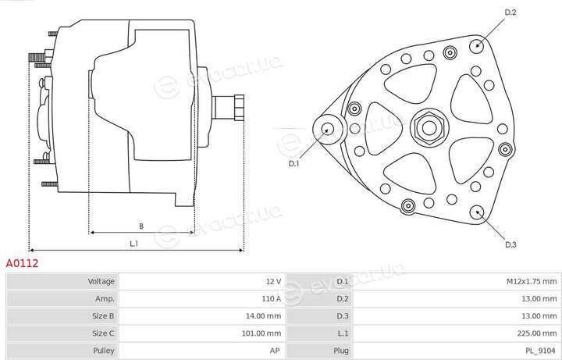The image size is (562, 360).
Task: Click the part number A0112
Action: point(22,263)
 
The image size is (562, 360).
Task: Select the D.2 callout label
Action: point(510,12)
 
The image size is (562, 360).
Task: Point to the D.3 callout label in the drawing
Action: point(510,244)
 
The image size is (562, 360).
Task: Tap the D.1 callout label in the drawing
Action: point(293,163)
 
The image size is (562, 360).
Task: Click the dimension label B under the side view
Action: point(141,226)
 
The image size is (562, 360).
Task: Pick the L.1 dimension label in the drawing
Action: point(133,244)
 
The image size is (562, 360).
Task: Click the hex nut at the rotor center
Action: point(429,127)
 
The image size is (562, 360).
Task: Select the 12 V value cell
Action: point(273,281)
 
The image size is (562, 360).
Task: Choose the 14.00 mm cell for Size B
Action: point(264,316)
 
